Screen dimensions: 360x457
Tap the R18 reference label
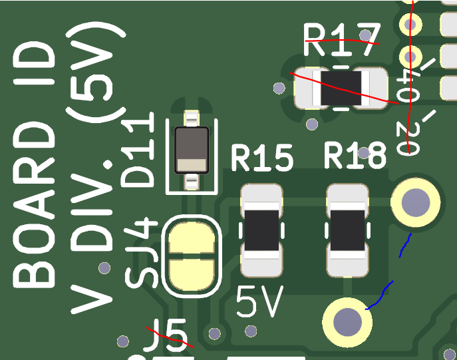tap(355, 157)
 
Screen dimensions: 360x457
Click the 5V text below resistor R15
tap(260, 303)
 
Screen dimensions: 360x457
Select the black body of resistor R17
tap(341, 89)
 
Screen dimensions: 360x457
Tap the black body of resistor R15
tap(261, 230)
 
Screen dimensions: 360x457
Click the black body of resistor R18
tap(347, 230)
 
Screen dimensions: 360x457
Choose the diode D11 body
tap(192, 149)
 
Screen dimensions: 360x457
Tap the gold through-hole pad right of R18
tap(415, 201)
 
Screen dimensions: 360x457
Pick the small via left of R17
tap(280, 88)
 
